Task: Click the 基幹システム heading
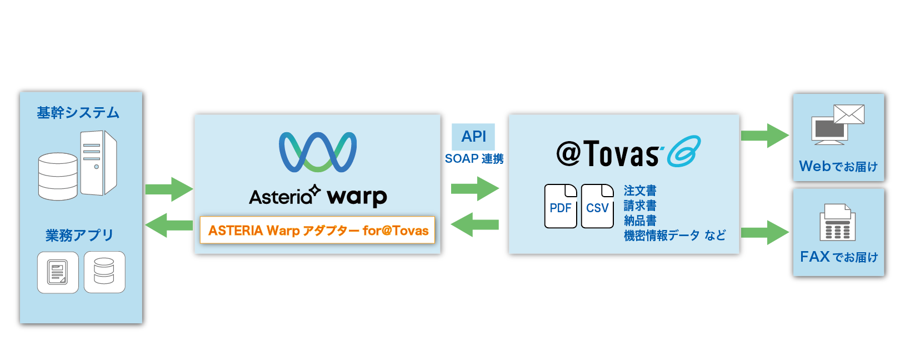click(78, 113)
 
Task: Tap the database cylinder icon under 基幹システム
click(58, 176)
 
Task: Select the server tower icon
click(98, 163)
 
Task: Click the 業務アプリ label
click(79, 236)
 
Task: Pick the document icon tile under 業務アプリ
click(58, 272)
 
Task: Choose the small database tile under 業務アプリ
click(104, 272)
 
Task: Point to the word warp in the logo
click(357, 197)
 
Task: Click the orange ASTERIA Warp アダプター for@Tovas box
click(318, 230)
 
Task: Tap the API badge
click(473, 137)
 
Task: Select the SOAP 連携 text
click(474, 159)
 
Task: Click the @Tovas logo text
click(608, 153)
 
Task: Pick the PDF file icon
click(561, 206)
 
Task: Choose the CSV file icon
click(597, 206)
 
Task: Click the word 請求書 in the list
click(640, 206)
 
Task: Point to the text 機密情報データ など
click(674, 236)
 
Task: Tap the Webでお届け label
click(838, 166)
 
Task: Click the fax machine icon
click(838, 222)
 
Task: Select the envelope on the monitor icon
click(849, 115)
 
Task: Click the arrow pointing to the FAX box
click(764, 232)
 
